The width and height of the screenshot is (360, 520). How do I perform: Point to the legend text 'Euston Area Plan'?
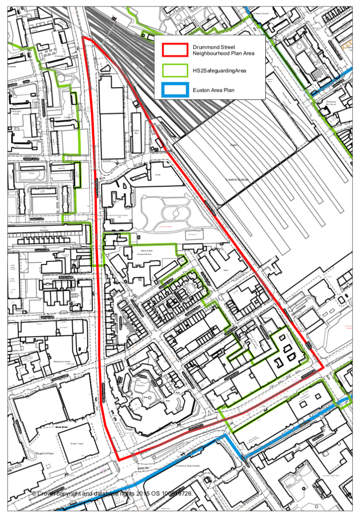(213, 90)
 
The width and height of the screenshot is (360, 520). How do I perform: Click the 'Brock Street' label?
(60, 427)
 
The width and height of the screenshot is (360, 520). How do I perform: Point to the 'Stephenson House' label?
(62, 362)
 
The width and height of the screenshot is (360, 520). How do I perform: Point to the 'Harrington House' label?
(16, 113)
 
